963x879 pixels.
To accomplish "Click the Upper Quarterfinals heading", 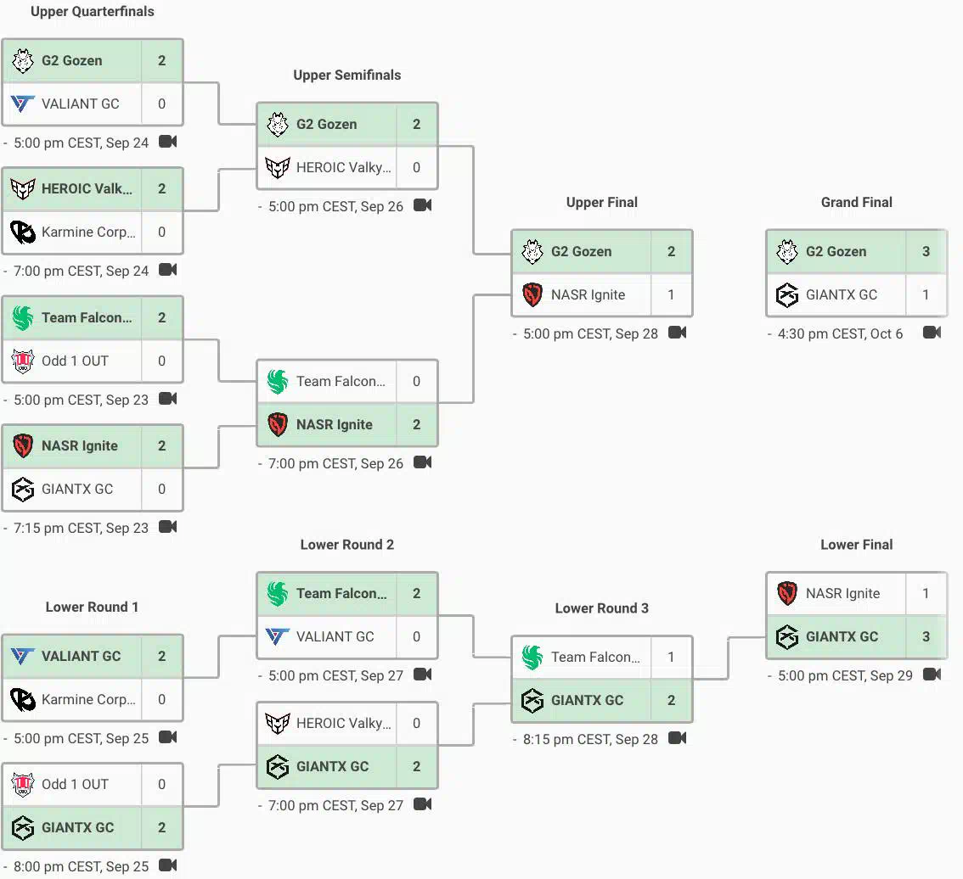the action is click(x=92, y=12).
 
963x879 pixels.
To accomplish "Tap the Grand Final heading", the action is click(x=856, y=203).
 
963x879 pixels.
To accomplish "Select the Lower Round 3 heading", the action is click(x=601, y=608).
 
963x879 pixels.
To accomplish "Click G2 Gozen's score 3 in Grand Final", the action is click(x=926, y=252).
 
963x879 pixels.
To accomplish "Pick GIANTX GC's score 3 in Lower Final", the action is click(x=926, y=637).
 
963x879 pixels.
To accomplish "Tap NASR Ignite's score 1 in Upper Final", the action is click(x=671, y=295).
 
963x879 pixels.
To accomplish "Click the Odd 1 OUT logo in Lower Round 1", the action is click(x=23, y=785).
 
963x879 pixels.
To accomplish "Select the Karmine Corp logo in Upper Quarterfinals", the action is click(x=23, y=232).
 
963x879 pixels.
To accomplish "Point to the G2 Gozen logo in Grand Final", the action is click(x=786, y=252).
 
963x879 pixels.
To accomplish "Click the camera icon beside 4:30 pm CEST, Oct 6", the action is click(x=932, y=333).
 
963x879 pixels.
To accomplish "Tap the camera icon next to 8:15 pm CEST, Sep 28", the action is click(x=678, y=738).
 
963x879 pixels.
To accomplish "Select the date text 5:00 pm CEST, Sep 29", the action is click(x=845, y=676).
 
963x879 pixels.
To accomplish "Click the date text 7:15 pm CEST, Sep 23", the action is click(x=81, y=529).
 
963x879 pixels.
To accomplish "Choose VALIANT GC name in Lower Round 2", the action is click(x=335, y=637).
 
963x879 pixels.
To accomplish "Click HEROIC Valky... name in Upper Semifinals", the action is click(x=343, y=168).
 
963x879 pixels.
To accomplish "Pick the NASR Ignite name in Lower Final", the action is click(x=842, y=594).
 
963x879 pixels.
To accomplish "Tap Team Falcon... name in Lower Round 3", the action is click(x=595, y=658).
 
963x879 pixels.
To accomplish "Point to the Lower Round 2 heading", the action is click(x=347, y=545).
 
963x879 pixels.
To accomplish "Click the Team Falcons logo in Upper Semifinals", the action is click(x=278, y=382).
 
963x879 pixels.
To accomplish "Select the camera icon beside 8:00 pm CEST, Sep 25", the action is click(x=167, y=865).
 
